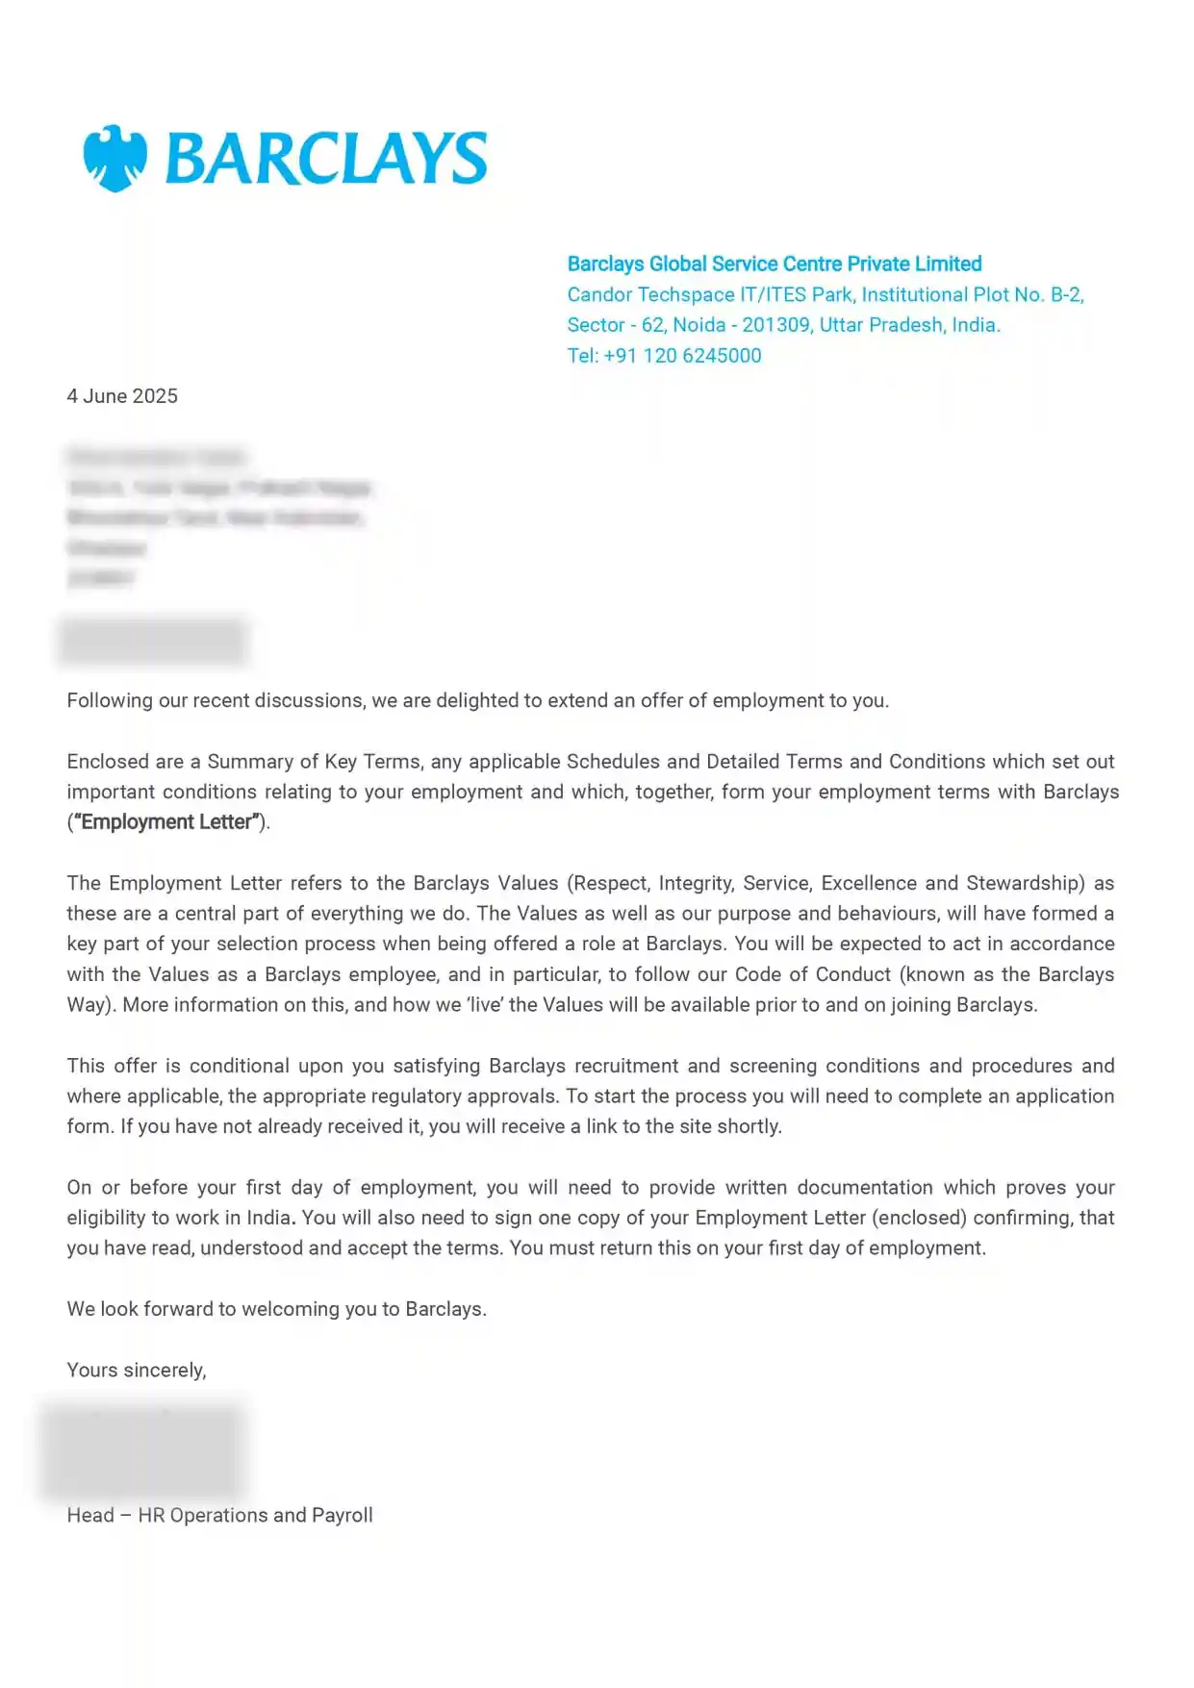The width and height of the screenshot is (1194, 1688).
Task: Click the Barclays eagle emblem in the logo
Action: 114,159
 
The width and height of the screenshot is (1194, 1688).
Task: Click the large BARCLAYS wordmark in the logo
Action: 326,159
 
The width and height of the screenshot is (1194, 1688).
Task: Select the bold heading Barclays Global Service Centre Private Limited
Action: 774,265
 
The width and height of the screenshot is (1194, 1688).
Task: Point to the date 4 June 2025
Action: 122,396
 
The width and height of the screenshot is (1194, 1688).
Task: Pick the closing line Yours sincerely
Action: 137,1370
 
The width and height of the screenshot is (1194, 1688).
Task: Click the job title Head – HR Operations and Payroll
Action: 219,1515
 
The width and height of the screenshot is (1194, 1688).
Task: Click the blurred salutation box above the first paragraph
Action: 153,641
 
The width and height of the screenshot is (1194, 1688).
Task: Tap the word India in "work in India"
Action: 268,1218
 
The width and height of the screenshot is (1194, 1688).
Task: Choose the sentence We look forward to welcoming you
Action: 276,1309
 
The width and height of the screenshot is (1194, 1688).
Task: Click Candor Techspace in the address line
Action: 649,295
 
